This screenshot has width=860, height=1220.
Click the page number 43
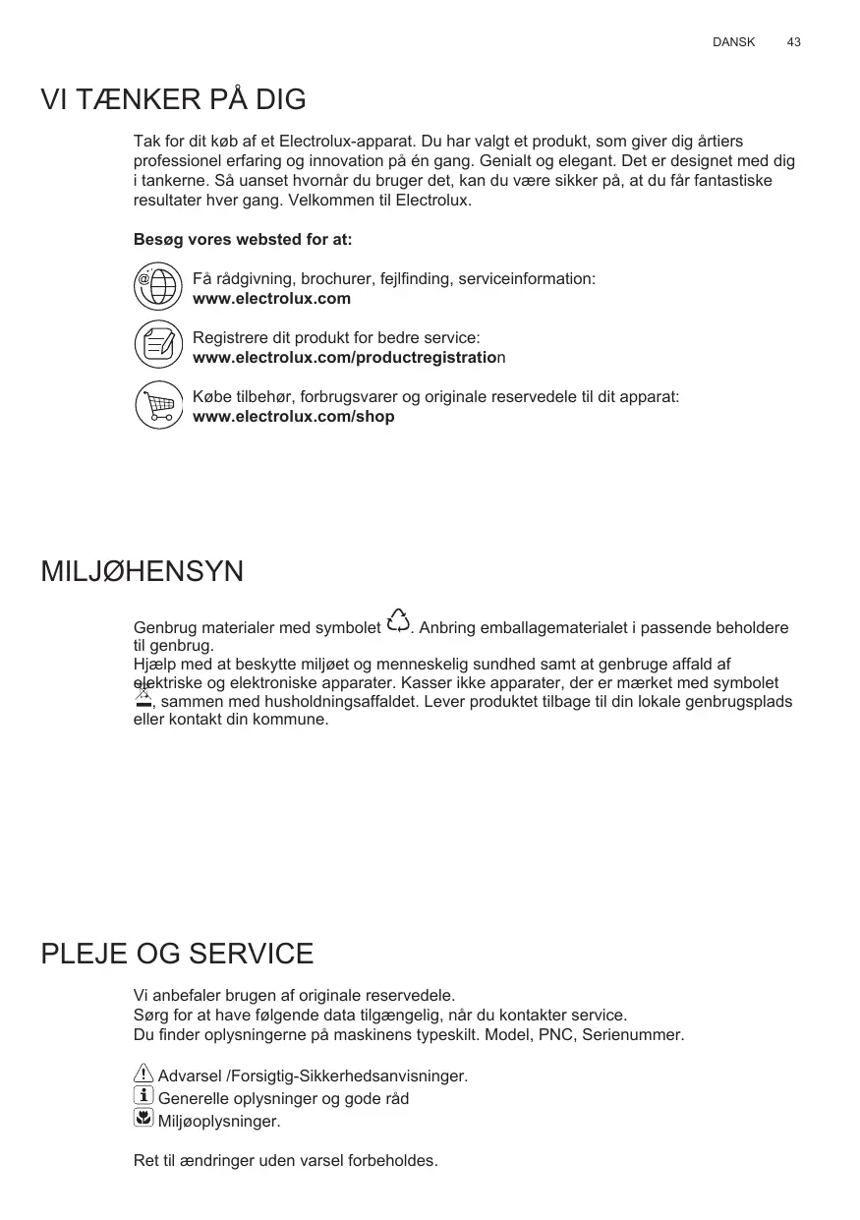coord(793,42)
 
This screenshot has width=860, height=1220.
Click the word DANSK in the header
coord(733,42)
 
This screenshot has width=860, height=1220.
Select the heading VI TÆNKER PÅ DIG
coord(173,99)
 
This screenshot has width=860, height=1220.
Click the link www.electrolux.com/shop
coord(293,417)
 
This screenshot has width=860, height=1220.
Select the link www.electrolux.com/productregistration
coord(348,358)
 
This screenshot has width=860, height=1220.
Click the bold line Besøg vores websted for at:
coord(242,240)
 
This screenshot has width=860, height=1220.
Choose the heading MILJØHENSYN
coord(142,571)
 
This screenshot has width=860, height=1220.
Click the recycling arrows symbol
coord(398,621)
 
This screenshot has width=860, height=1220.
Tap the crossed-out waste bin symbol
coord(143,697)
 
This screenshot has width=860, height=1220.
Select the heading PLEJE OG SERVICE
coord(177,954)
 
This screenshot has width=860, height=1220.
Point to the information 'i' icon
coord(143,1096)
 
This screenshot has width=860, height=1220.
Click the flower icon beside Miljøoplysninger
coord(143,1118)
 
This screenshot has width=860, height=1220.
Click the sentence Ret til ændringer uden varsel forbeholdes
coord(285,1161)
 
